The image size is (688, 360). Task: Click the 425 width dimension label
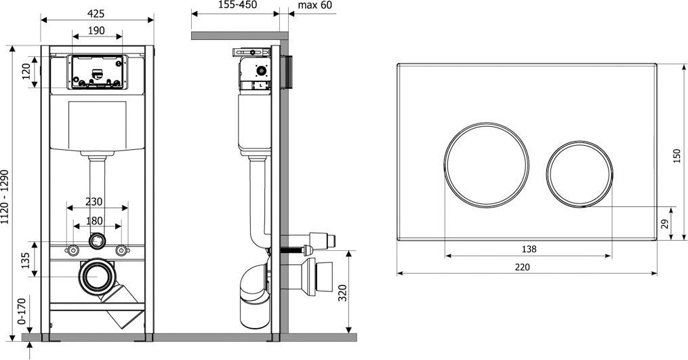click(96, 14)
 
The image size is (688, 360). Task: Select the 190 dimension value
click(96, 31)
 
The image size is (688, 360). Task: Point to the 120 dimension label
click(26, 72)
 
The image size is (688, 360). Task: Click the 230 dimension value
click(94, 201)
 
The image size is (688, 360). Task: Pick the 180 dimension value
click(94, 221)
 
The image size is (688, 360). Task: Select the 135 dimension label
click(26, 260)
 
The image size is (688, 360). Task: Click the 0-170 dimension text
click(22, 311)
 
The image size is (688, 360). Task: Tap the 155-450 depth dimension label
click(237, 5)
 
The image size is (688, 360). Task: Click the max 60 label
click(315, 5)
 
